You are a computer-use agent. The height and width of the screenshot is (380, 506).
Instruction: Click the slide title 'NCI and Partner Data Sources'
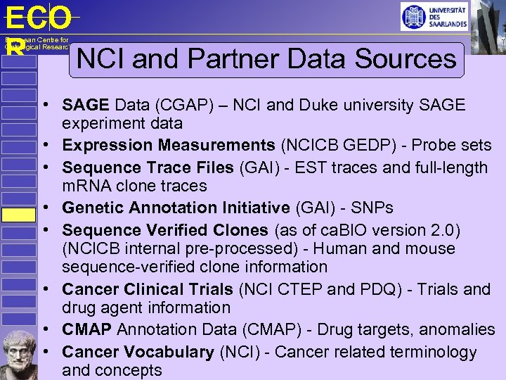point(266,59)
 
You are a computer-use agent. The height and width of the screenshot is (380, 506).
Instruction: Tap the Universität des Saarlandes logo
point(434,16)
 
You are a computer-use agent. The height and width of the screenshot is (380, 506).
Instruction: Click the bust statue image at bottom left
point(18,354)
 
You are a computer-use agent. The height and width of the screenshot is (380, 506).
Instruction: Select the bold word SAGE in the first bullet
point(85,106)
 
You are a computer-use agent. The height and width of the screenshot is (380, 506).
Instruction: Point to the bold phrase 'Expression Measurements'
point(168,146)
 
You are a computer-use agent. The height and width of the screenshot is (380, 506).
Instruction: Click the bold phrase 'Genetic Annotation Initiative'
point(176,208)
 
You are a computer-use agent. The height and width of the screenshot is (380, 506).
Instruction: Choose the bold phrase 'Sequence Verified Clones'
point(164,230)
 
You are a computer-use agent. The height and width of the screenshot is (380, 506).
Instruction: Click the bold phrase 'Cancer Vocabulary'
point(138,352)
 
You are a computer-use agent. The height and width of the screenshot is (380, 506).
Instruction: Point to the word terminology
point(420,352)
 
